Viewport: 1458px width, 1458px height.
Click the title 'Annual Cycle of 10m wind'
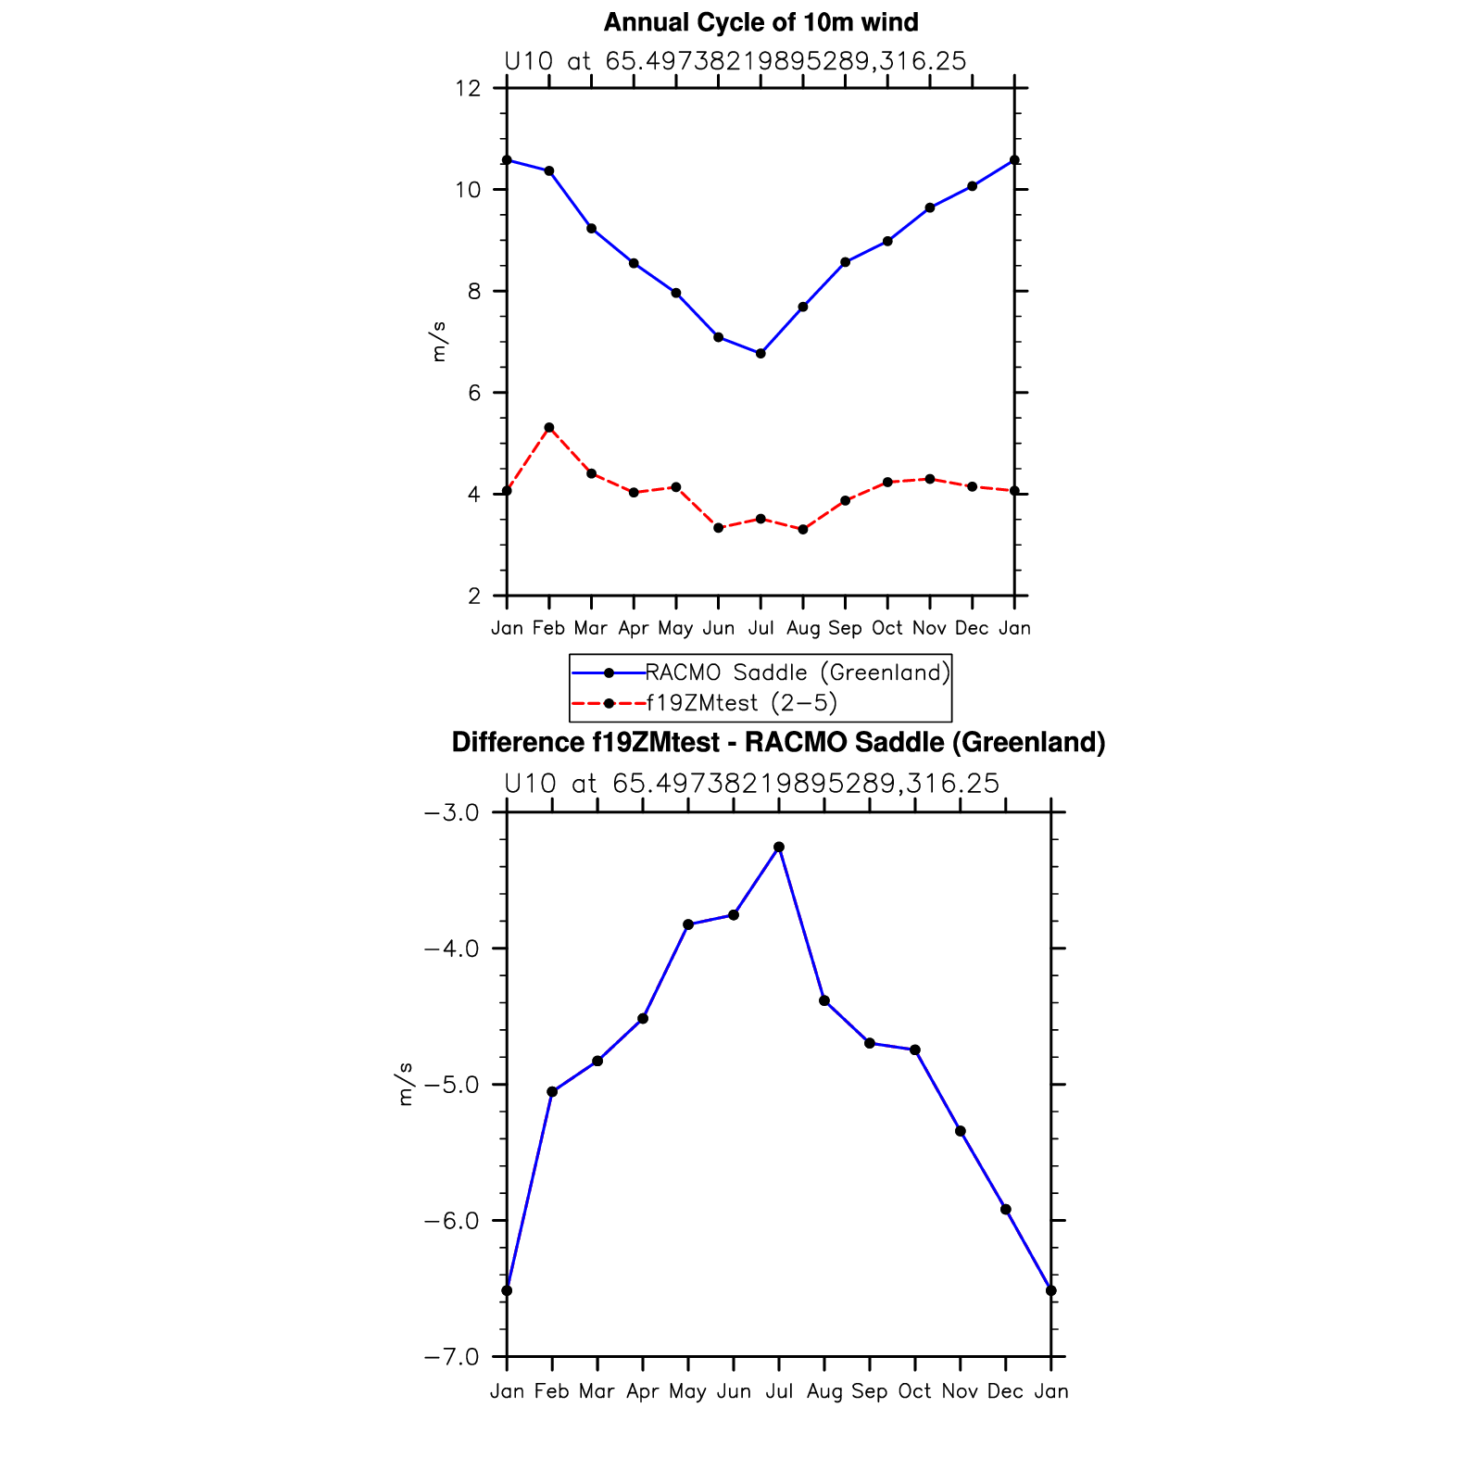coord(760,22)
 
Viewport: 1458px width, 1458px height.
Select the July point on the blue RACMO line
coord(760,353)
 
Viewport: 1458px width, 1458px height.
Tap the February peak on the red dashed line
coord(549,427)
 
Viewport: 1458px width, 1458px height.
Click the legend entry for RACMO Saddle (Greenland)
coord(797,672)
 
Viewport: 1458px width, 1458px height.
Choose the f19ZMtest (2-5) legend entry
coord(741,703)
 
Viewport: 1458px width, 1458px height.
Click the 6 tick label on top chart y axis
coord(474,393)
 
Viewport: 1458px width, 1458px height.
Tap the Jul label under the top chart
coord(760,628)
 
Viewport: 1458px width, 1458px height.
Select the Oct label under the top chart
coord(887,628)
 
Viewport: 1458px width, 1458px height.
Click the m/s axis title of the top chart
coord(438,342)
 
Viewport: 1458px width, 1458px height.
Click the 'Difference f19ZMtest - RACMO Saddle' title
coord(778,743)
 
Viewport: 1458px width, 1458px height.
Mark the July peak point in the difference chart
coord(779,847)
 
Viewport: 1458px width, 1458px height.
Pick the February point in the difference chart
coord(552,1091)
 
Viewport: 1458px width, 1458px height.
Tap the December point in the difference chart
coord(1006,1209)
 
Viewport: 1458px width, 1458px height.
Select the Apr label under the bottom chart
coord(643,1391)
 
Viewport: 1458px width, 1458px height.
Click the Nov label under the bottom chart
coord(960,1391)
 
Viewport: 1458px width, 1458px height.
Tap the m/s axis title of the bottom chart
coord(405,1085)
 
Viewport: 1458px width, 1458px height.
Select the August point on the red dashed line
coord(803,529)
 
